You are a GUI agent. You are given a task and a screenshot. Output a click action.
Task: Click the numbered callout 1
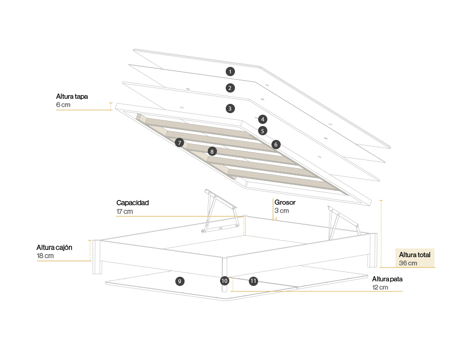click(x=230, y=71)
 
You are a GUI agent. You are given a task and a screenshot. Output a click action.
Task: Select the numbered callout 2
click(x=230, y=88)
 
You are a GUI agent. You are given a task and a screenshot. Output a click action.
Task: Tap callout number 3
click(x=230, y=109)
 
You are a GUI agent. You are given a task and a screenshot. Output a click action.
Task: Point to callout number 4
click(x=263, y=119)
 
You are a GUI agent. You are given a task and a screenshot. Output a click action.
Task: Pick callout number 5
click(x=263, y=131)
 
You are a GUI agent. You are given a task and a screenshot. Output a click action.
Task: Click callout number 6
click(x=276, y=145)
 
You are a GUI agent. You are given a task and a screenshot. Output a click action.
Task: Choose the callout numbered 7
click(x=179, y=142)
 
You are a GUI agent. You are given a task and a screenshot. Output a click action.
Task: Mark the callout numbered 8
click(x=212, y=152)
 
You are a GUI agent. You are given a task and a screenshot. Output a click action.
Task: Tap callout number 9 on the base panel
click(x=179, y=281)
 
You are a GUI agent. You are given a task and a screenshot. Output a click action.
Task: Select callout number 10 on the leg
click(x=224, y=281)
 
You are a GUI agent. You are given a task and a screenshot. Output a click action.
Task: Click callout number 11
click(x=253, y=281)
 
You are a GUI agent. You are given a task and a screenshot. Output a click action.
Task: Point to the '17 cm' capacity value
click(x=124, y=211)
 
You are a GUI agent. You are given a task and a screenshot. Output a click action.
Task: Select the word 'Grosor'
click(x=285, y=203)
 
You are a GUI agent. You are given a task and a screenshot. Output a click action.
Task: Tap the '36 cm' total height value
click(x=408, y=263)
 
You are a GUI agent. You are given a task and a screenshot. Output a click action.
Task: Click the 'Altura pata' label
click(x=387, y=279)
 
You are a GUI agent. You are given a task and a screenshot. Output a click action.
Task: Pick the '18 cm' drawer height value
click(x=45, y=256)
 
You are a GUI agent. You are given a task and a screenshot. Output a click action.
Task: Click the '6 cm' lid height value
click(x=63, y=105)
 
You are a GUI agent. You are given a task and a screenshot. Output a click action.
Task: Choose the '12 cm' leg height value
click(x=380, y=287)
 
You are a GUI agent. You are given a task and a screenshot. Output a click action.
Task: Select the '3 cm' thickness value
click(x=282, y=211)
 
